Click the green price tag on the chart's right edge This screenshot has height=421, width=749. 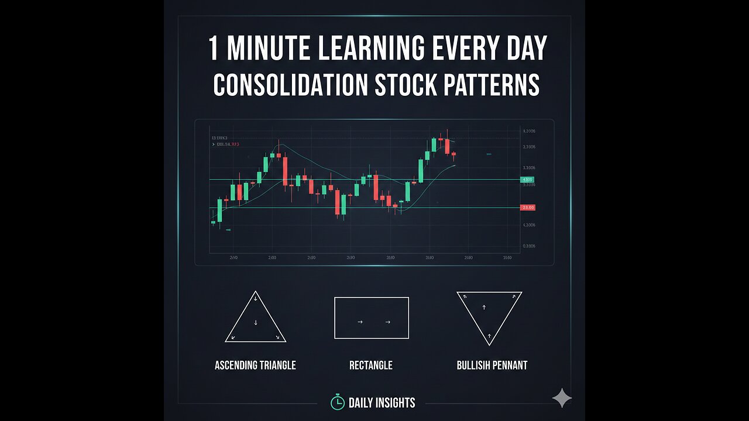[527, 180]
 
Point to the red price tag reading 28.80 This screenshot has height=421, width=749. [527, 208]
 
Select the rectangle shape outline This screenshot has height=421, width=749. [371, 318]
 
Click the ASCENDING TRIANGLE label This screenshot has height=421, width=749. [255, 365]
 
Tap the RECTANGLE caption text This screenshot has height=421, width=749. [371, 365]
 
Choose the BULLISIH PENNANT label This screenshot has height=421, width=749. [492, 365]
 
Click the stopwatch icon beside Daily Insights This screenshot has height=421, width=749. [337, 402]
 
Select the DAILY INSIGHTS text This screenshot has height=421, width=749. [382, 403]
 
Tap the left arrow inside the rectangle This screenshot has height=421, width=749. [359, 322]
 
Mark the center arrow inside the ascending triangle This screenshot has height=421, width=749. [256, 323]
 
